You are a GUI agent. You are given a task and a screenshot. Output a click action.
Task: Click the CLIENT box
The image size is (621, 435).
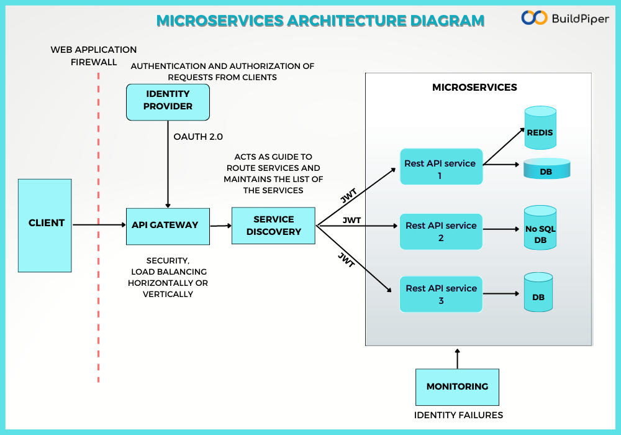click(x=45, y=225)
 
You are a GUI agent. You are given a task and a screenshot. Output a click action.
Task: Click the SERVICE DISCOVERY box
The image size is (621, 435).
click(x=273, y=226)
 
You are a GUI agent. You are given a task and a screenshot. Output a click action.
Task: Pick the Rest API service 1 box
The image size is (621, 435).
click(x=441, y=167)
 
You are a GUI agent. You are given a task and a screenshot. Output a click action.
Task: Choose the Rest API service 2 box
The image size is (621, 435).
click(x=441, y=231)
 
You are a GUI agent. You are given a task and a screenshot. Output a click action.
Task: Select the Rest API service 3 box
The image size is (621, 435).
click(x=441, y=294)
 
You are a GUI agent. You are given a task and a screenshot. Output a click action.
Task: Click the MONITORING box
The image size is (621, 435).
click(x=457, y=387)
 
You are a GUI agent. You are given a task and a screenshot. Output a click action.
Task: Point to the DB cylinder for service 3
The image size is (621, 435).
click(x=538, y=293)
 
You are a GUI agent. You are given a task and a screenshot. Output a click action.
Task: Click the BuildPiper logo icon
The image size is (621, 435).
click(x=534, y=18)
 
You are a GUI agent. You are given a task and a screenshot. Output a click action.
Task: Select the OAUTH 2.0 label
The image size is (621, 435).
click(x=198, y=136)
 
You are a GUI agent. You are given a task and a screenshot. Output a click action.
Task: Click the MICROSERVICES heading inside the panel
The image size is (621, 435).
click(x=474, y=88)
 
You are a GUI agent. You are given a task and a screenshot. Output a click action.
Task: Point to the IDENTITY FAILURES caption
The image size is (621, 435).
click(x=458, y=414)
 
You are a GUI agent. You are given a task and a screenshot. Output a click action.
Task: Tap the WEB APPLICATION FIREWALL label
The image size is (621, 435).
click(x=94, y=56)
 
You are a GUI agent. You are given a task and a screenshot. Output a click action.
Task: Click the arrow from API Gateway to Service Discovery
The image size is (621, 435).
click(x=220, y=226)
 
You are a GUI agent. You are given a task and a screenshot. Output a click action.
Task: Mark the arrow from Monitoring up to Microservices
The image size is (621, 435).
click(x=458, y=359)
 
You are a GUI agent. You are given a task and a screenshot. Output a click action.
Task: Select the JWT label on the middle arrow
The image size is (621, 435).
click(x=351, y=220)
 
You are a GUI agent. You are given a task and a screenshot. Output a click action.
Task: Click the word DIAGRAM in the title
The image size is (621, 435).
click(x=447, y=21)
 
